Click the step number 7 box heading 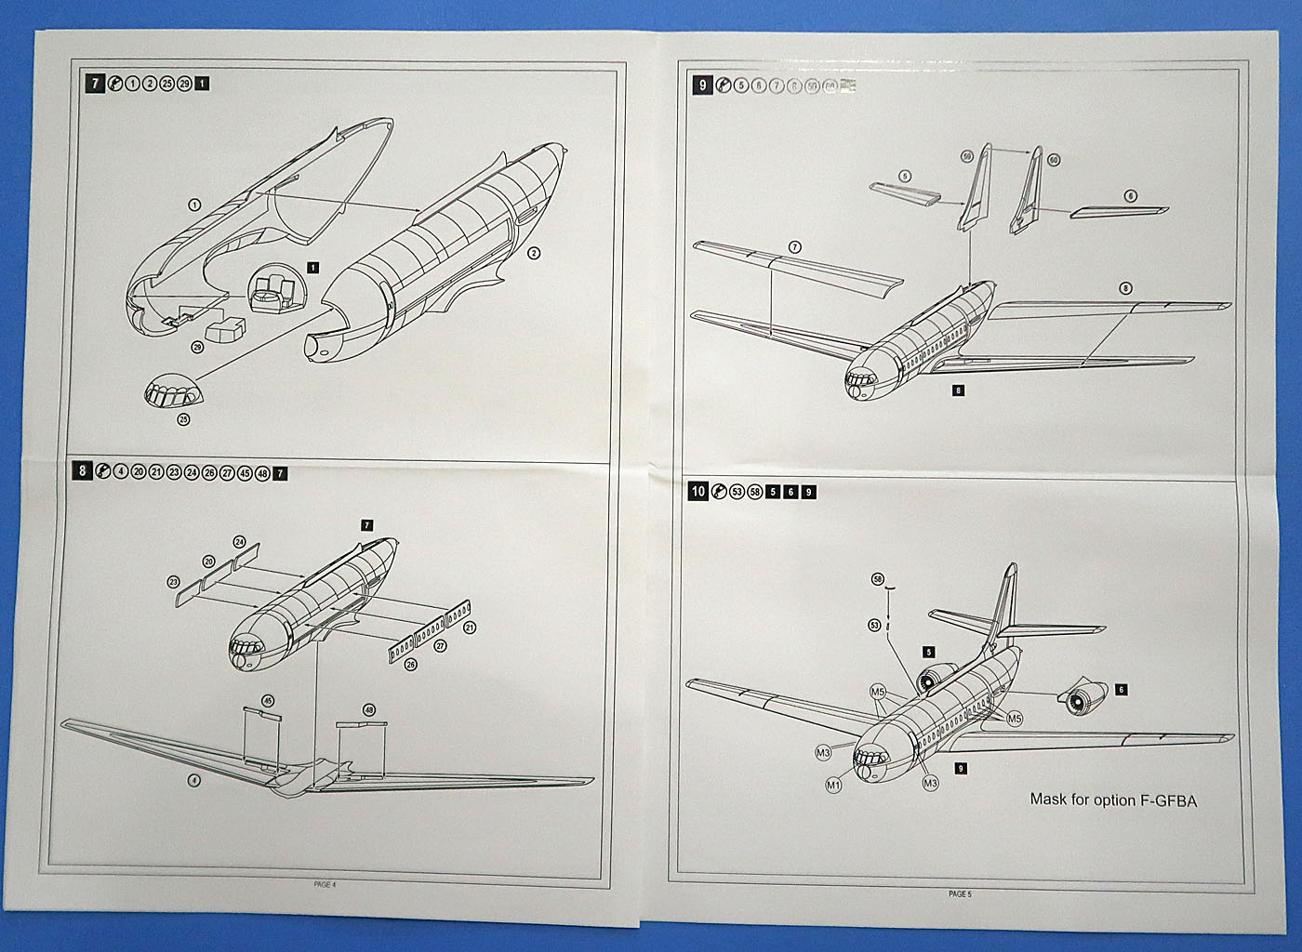(x=95, y=84)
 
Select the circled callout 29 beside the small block (x=197, y=347)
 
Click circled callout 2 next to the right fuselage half (x=533, y=253)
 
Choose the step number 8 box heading (x=83, y=472)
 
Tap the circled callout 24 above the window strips (x=239, y=542)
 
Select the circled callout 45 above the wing (x=269, y=700)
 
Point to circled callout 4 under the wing (x=193, y=780)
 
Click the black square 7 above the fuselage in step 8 (x=367, y=525)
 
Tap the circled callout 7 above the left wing (x=794, y=247)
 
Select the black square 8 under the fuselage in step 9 (x=959, y=390)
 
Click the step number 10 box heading (x=697, y=491)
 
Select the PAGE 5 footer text (x=959, y=894)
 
